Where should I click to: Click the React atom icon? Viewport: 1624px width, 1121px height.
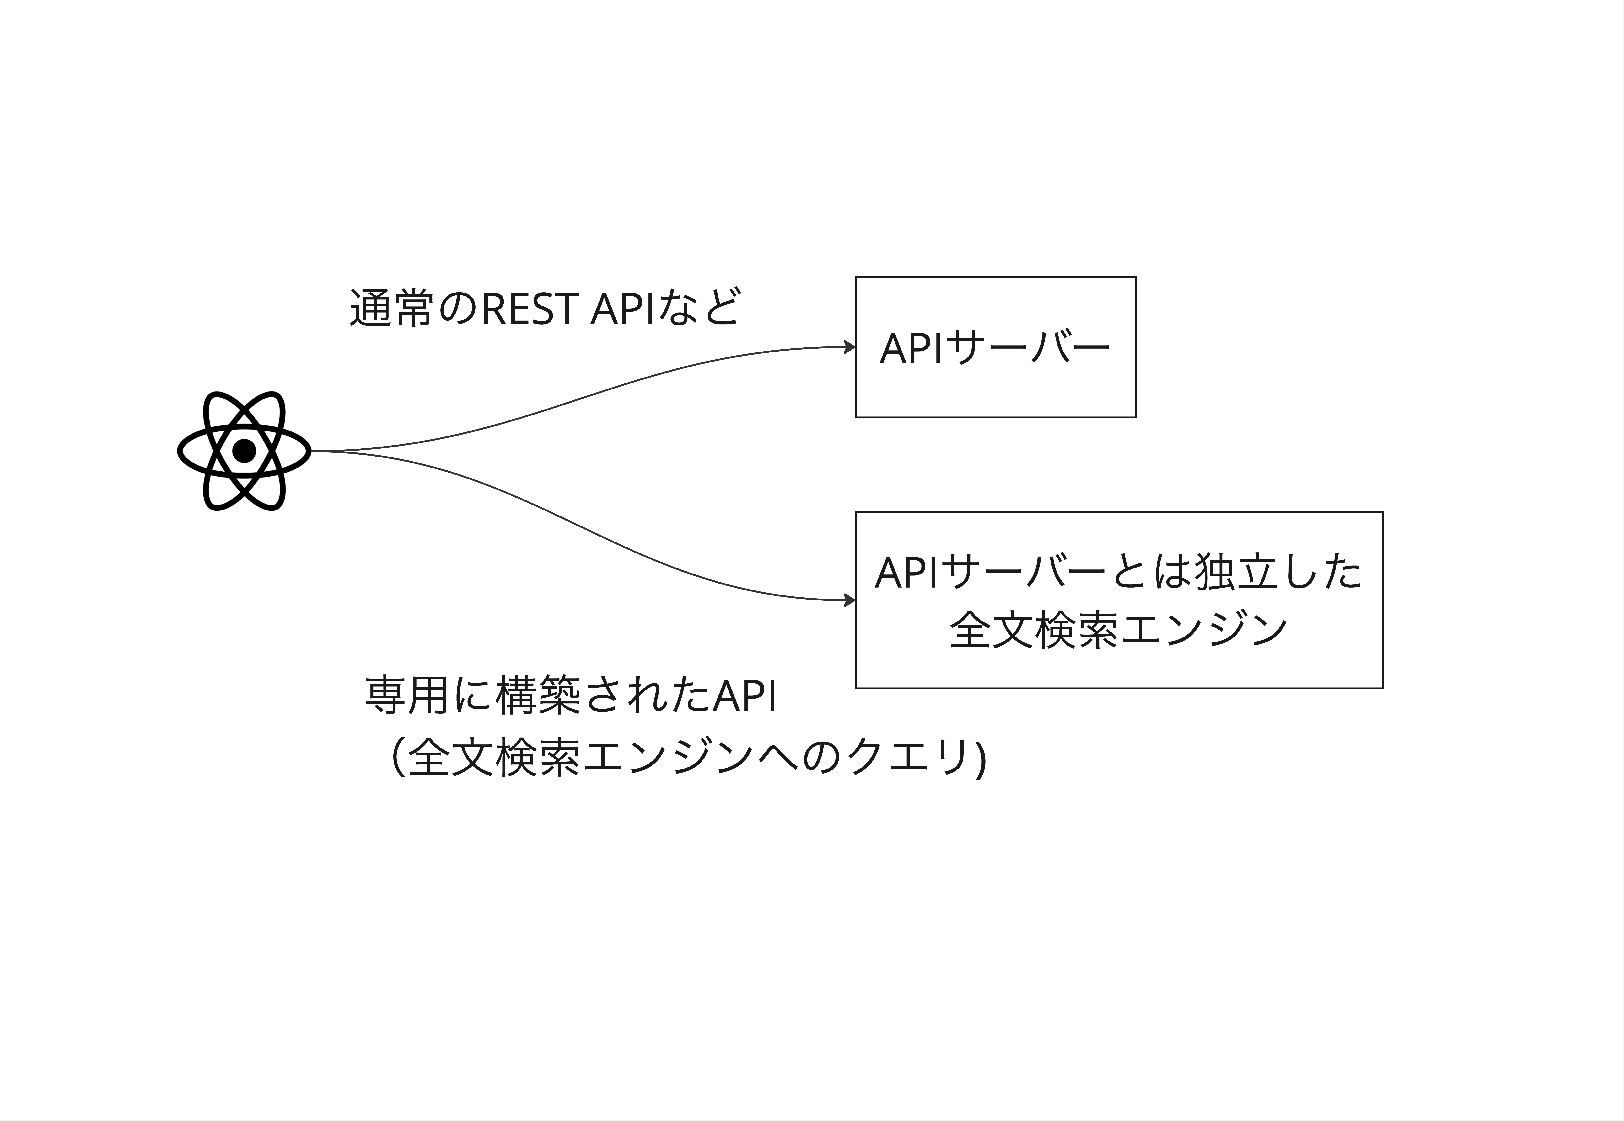[244, 451]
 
